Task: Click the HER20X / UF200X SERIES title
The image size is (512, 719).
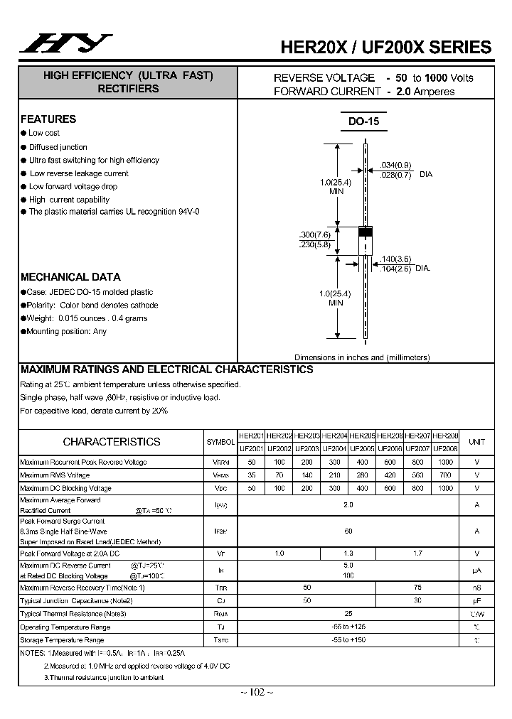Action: (x=386, y=48)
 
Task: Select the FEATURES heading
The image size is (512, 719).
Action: (x=48, y=119)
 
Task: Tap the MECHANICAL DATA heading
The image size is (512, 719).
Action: (x=70, y=277)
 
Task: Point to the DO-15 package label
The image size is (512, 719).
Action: (x=363, y=121)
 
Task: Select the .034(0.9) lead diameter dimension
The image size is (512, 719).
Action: (x=396, y=165)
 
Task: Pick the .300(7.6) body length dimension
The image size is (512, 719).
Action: (x=314, y=235)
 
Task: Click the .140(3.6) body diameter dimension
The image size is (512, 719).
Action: (x=396, y=259)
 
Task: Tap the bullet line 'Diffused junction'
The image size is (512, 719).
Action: (x=58, y=147)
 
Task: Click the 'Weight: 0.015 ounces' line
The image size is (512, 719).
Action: (x=87, y=318)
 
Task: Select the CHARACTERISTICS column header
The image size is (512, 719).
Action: (x=112, y=441)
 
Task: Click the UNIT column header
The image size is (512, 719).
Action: (x=476, y=442)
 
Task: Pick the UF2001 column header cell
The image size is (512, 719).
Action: (x=251, y=449)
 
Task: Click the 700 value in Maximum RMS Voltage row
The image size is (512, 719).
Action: (x=445, y=475)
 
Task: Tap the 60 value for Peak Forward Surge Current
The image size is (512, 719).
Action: (x=348, y=531)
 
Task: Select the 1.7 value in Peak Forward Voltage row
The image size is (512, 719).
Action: (x=417, y=552)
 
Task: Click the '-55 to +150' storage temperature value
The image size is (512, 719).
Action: (x=348, y=640)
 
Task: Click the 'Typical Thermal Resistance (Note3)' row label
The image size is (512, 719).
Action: (x=73, y=614)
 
